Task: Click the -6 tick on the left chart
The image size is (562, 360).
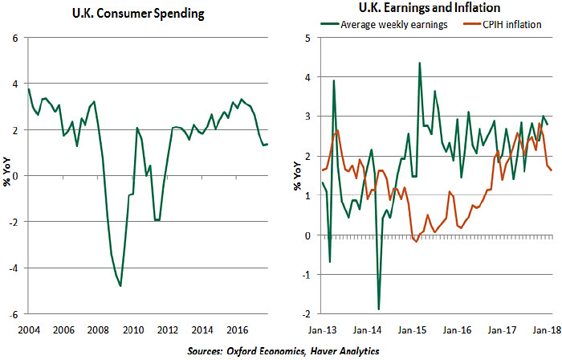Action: [x=14, y=313]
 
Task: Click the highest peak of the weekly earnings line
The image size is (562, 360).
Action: [x=419, y=63]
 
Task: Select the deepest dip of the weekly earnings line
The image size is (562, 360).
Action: [x=378, y=309]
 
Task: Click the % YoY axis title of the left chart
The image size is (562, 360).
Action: [x=7, y=175]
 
